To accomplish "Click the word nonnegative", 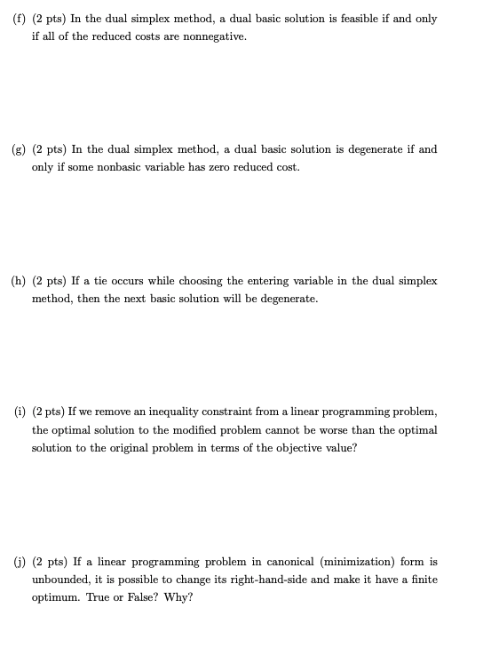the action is click(x=210, y=36).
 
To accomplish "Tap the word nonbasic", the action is click(x=114, y=167).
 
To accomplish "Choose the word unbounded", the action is click(x=63, y=580).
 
